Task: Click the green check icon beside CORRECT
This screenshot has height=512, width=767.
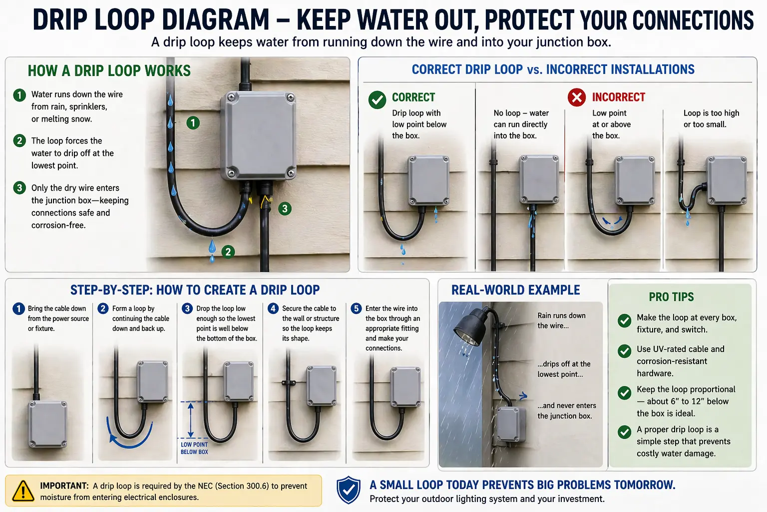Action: [x=377, y=99]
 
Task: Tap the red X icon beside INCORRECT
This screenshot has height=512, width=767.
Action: [x=577, y=97]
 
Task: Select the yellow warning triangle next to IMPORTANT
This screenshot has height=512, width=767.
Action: [x=23, y=490]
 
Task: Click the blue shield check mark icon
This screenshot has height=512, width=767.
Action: [x=348, y=490]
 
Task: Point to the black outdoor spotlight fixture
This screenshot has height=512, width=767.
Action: [x=470, y=327]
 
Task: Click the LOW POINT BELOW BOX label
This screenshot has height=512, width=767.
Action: [x=194, y=448]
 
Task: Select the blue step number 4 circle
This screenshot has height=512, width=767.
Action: [x=273, y=308]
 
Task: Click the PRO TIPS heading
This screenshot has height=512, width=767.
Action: [x=671, y=297]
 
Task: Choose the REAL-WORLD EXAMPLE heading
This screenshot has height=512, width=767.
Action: [x=515, y=290]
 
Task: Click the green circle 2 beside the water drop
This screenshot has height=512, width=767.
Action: [x=228, y=251]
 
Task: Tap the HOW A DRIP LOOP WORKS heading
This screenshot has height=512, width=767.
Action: [x=109, y=71]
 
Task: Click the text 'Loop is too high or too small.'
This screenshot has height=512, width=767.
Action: [x=711, y=118]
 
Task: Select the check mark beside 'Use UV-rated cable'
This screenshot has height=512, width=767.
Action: [x=624, y=351]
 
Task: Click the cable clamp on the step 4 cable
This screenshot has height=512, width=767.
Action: [x=289, y=383]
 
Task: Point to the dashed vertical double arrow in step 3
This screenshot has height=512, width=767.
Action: [x=190, y=420]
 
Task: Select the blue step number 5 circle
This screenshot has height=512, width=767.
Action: [x=356, y=308]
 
